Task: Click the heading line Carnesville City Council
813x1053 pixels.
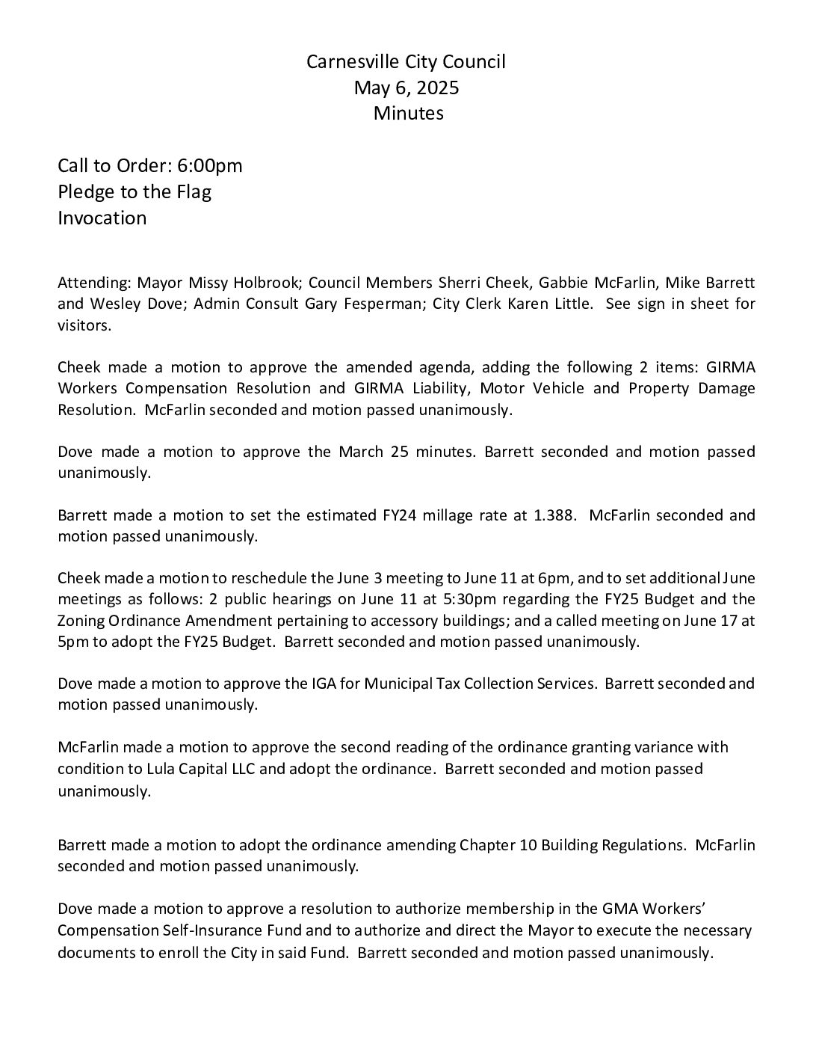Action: (406, 62)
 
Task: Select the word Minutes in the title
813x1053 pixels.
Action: (408, 114)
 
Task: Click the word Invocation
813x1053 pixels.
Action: (102, 218)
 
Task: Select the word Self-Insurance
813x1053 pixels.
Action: (220, 932)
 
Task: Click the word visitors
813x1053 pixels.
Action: (84, 326)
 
